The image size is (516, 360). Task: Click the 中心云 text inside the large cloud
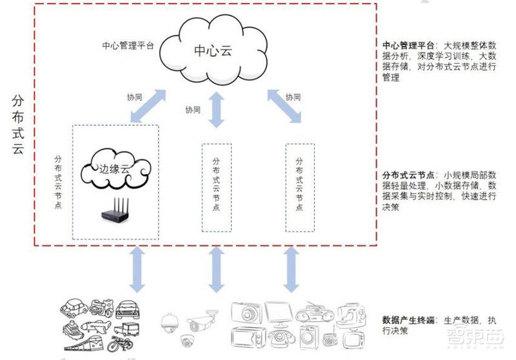click(212, 50)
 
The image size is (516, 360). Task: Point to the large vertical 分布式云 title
click(17, 126)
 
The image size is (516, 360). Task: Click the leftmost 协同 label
click(134, 98)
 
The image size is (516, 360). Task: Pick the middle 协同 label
click(193, 110)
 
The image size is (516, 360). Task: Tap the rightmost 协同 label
click(293, 97)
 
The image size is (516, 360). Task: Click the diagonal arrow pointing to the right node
click(284, 105)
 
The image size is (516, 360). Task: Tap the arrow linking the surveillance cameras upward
click(217, 268)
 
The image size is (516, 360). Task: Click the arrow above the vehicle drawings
click(136, 268)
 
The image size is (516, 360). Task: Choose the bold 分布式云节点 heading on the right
click(408, 175)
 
